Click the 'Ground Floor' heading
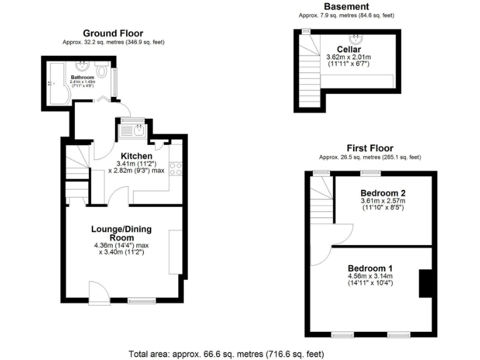coord(112,33)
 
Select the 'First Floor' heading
coord(369,149)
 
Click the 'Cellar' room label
coord(348,49)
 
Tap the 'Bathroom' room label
coord(81,77)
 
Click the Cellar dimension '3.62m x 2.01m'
coord(348,57)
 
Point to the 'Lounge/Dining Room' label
coord(122,233)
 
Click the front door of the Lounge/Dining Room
coord(97,292)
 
